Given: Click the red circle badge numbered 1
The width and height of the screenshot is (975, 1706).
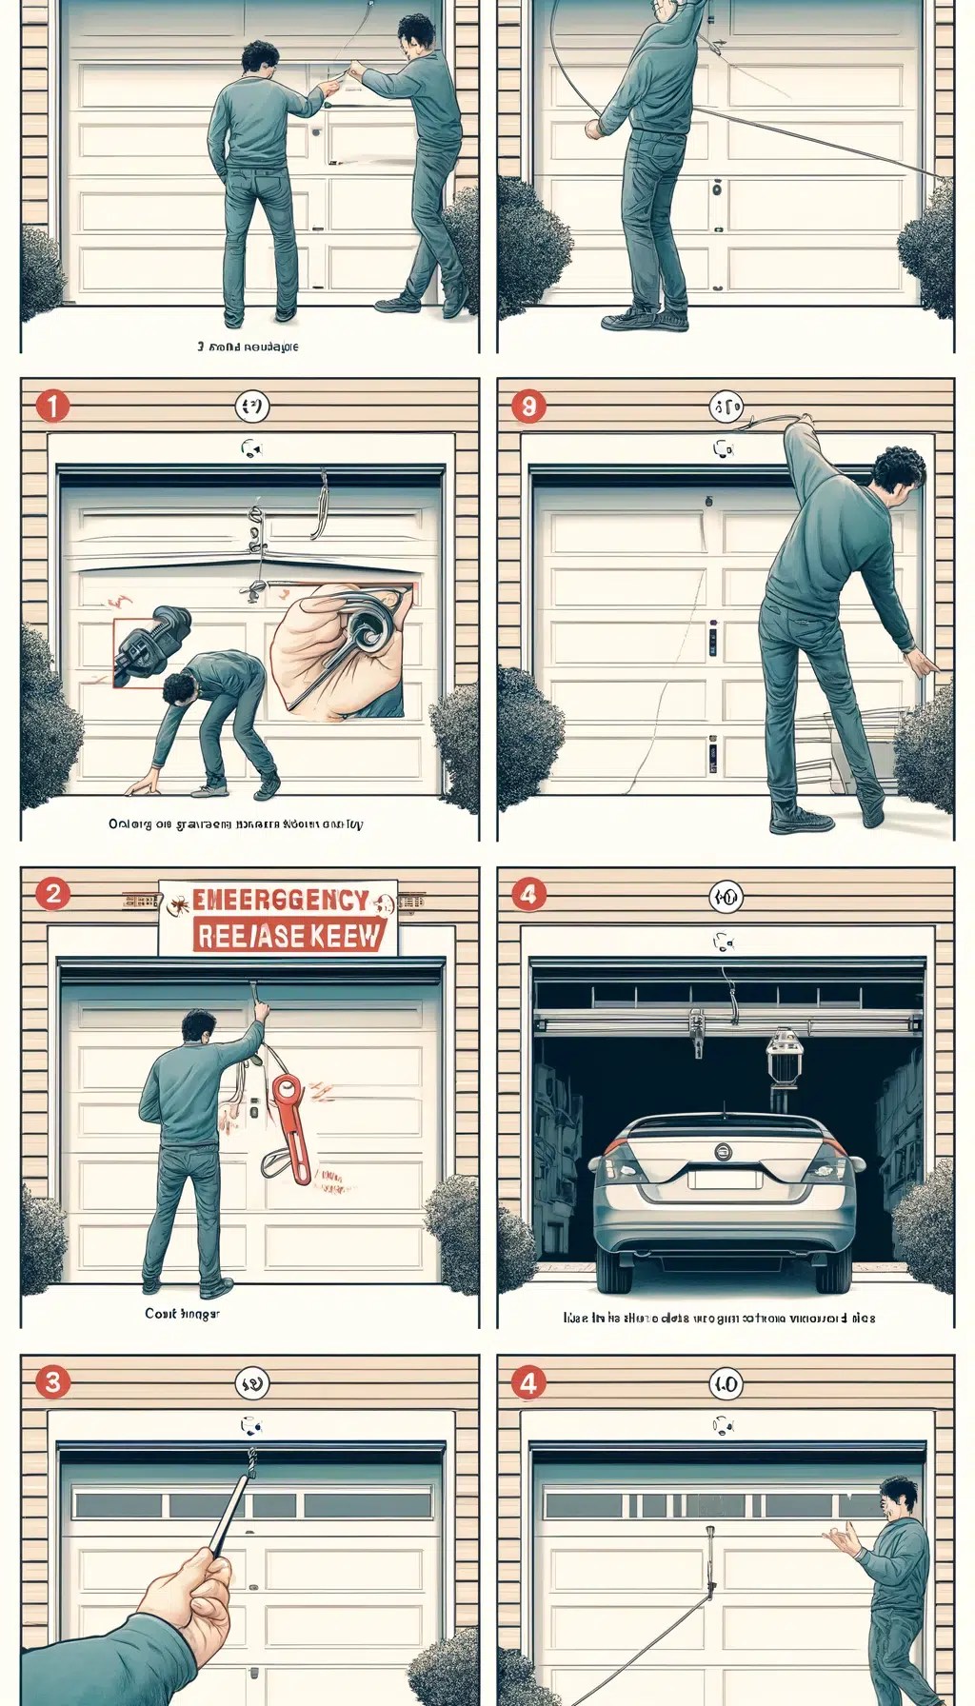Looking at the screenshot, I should tap(52, 407).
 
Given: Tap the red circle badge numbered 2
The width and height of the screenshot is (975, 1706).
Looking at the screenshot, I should tap(52, 894).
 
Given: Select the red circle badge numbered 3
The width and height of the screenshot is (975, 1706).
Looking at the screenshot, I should tap(52, 1381).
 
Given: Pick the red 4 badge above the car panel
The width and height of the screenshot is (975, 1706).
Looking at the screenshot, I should tap(528, 894).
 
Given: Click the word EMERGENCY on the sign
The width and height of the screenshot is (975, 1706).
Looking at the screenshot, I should tap(280, 901).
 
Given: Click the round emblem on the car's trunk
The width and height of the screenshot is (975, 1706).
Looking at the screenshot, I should tap(726, 1153).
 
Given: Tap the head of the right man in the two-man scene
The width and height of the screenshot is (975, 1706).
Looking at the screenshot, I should tap(416, 36).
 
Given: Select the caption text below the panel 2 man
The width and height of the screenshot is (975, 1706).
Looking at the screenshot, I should tap(182, 1313).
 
